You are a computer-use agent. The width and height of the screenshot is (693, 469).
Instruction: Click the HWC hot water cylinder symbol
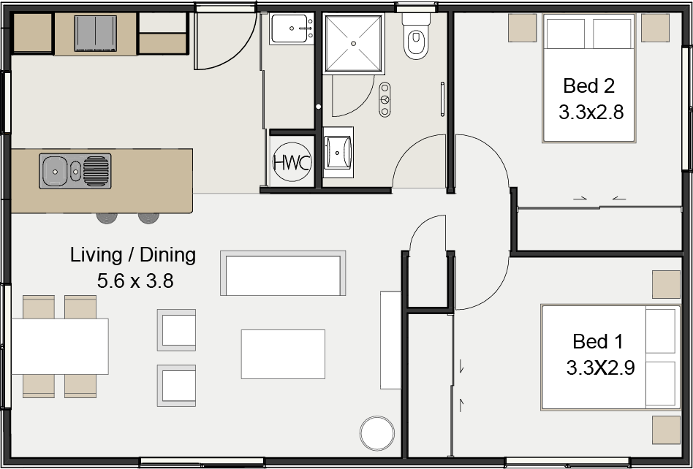[292, 162]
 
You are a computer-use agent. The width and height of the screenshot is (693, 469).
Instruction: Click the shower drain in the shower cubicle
[354, 44]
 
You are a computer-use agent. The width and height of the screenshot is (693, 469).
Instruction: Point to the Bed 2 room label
[588, 86]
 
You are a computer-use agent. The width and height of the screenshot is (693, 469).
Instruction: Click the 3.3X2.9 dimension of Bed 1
[599, 367]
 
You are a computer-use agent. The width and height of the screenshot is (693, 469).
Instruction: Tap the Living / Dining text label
[133, 255]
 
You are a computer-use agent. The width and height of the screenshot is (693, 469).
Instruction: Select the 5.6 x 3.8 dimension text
[135, 280]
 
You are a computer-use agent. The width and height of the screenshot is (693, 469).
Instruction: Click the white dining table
[60, 346]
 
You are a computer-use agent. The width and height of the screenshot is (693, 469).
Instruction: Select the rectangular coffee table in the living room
[283, 354]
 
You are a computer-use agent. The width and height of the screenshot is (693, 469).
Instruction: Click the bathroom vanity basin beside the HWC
[338, 152]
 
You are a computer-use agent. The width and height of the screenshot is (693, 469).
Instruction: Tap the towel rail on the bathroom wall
[442, 99]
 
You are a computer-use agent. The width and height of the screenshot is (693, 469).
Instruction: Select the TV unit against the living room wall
[390, 340]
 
